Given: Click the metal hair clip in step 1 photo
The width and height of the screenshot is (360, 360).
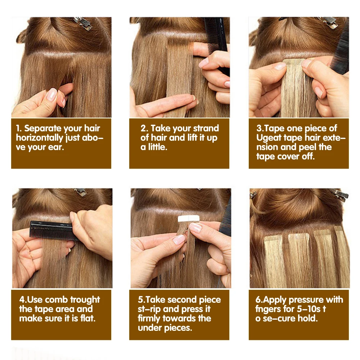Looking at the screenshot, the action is click(83, 23).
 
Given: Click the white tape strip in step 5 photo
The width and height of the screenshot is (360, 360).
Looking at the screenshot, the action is click(189, 219).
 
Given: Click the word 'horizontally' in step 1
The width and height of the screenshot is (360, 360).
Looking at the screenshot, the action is click(39, 138).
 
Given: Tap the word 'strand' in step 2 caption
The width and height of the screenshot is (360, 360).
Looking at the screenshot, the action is click(206, 129).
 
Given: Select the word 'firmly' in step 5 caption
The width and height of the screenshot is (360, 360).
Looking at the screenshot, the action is click(149, 319).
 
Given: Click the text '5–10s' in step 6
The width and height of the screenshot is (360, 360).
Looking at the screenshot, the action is click(309, 309).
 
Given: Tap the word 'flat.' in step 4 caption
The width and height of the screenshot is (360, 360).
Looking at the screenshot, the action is click(88, 319).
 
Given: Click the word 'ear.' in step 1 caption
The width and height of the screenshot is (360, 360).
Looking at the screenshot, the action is click(56, 147).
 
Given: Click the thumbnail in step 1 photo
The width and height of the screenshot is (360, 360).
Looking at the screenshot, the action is click(51, 94).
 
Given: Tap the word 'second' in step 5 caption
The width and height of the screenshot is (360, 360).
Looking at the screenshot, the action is click(181, 300).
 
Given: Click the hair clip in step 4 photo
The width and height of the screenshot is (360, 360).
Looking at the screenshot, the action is click(81, 192).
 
